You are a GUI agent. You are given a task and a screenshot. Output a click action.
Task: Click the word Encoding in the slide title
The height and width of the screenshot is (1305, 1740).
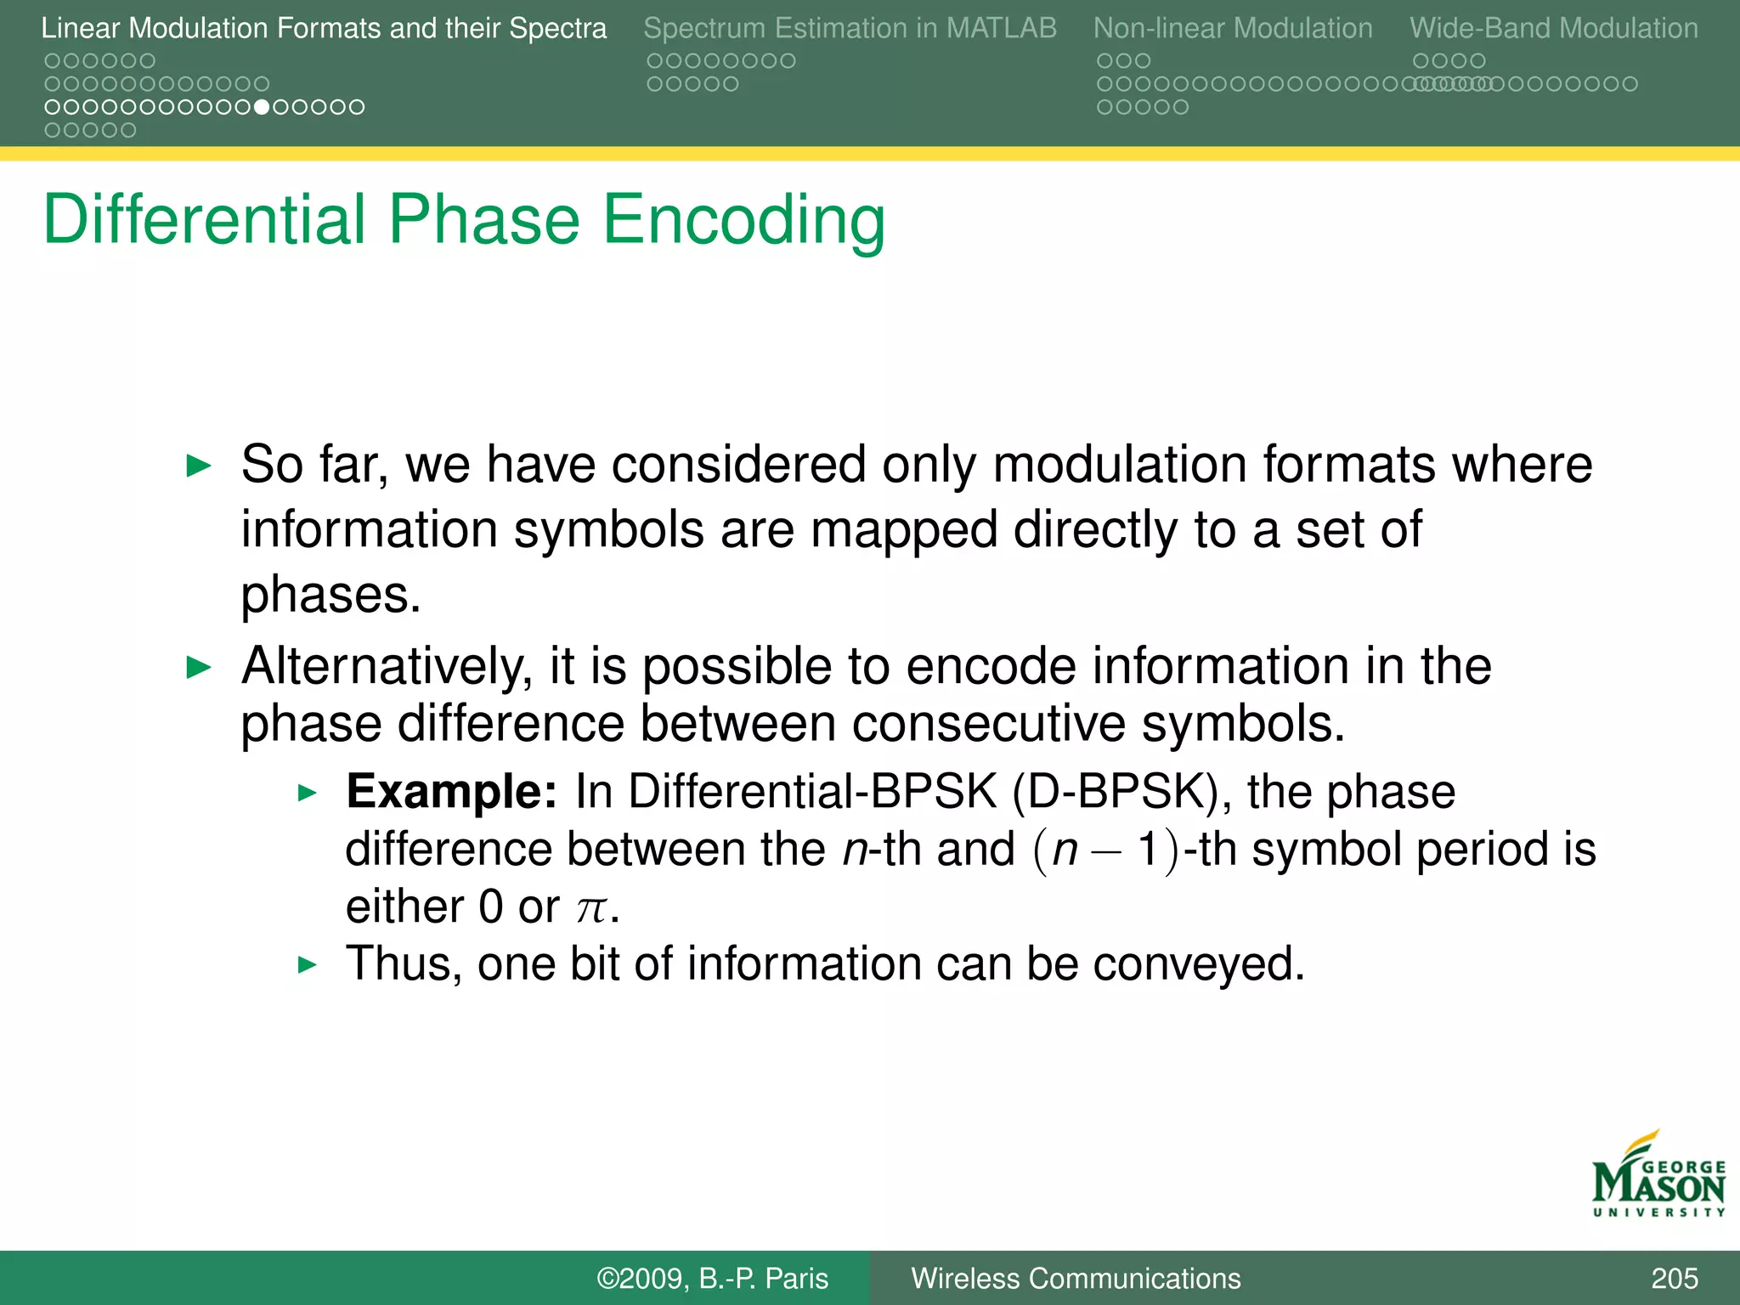(x=743, y=221)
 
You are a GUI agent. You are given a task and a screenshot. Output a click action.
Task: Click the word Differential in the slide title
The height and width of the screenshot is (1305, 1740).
(x=204, y=219)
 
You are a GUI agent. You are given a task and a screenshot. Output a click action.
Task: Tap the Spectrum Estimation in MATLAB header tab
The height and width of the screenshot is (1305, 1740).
(x=850, y=28)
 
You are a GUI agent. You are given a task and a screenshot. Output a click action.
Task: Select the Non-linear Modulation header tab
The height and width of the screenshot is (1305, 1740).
(x=1232, y=28)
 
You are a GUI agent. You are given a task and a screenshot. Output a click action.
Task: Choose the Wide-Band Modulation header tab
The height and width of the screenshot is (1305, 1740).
(x=1553, y=28)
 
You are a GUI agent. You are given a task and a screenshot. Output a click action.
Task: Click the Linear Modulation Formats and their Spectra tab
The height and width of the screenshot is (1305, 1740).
(x=324, y=28)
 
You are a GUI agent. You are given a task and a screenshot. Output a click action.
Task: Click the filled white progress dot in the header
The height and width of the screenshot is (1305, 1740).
(x=262, y=107)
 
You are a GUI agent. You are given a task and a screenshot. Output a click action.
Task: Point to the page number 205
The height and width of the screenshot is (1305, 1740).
(x=1674, y=1278)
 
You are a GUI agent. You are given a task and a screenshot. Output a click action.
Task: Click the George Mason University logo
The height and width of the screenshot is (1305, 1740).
(x=1657, y=1177)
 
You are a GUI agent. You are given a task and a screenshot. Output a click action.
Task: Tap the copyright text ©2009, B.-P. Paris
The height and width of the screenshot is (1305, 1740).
(x=712, y=1278)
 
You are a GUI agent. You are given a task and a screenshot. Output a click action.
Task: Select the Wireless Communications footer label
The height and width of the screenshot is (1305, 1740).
(x=1075, y=1278)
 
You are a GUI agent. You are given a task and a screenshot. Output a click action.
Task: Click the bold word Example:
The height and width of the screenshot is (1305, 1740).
(x=451, y=792)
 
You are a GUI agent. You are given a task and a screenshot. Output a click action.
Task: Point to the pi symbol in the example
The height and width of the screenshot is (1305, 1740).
(x=590, y=908)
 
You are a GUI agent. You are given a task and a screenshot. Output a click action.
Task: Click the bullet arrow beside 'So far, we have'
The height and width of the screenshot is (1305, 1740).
(x=198, y=466)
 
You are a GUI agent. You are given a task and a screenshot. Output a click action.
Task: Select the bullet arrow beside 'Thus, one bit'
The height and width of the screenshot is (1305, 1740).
(x=307, y=965)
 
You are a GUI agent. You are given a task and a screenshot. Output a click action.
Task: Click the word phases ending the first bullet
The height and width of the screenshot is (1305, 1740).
(x=330, y=595)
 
